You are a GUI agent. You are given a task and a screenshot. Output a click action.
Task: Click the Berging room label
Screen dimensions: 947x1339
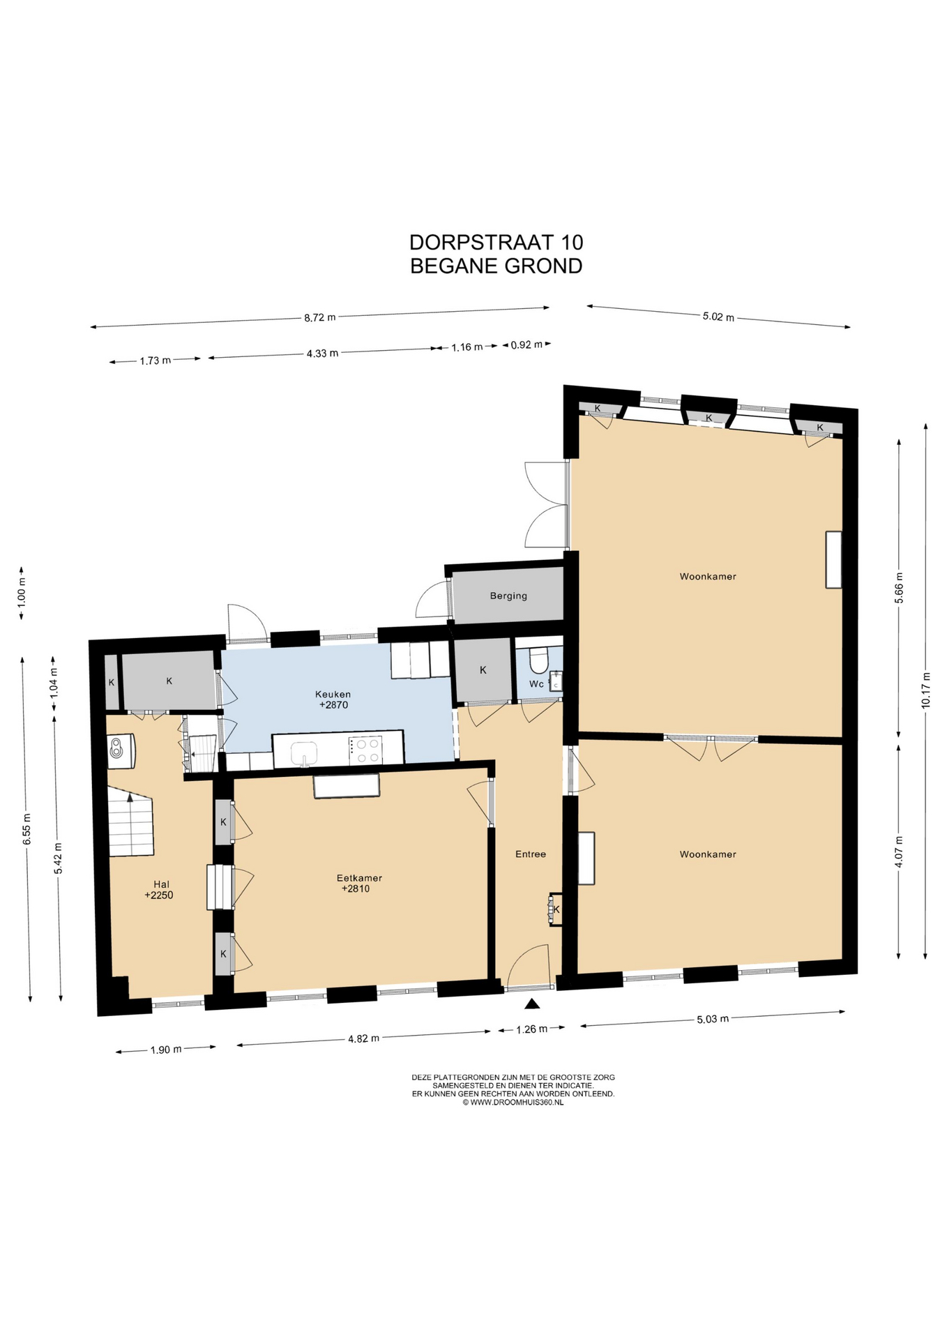[508, 596]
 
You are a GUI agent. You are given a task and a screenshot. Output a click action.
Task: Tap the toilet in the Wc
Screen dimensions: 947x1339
[539, 657]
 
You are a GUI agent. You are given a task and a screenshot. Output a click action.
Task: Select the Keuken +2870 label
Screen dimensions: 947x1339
[333, 699]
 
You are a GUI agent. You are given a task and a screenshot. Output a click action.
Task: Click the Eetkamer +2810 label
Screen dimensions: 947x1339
[359, 883]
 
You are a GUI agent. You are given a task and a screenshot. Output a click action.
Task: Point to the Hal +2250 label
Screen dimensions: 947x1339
[160, 890]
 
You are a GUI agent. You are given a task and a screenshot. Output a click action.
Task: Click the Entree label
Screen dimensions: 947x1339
[531, 854]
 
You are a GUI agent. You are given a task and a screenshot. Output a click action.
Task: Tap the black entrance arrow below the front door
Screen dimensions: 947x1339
[533, 1004]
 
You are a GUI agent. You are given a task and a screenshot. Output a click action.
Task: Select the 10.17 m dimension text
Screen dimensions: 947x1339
[926, 690]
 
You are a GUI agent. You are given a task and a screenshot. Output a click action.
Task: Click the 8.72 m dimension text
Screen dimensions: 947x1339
[319, 317]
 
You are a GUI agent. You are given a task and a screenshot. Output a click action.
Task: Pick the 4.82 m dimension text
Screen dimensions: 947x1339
[363, 1038]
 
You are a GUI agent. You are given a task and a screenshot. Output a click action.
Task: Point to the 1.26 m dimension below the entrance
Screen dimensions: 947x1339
[531, 1028]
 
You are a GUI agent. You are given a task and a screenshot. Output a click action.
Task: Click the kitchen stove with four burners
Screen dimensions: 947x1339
[366, 750]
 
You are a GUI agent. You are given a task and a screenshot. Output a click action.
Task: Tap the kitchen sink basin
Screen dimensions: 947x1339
[304, 754]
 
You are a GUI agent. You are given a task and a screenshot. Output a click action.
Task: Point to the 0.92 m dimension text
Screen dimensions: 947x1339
[526, 345]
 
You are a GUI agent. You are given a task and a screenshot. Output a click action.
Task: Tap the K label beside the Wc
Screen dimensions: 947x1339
[483, 670]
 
